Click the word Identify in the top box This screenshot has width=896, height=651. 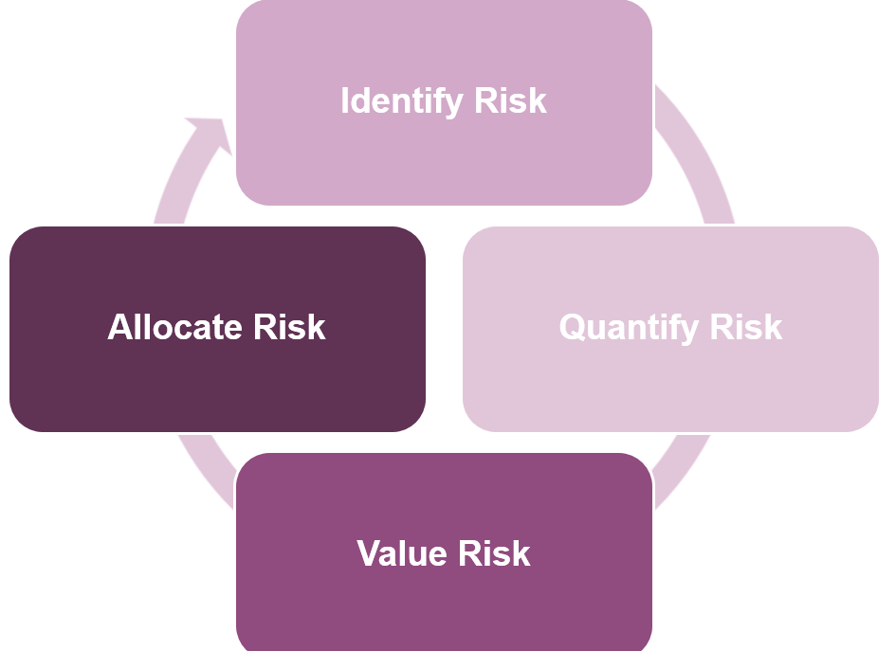click(x=402, y=101)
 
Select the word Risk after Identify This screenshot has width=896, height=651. click(x=510, y=100)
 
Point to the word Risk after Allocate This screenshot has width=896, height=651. click(x=289, y=327)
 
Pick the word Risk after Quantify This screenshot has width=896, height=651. click(x=745, y=327)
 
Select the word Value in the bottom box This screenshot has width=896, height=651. click(x=402, y=553)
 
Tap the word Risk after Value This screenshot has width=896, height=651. click(x=494, y=553)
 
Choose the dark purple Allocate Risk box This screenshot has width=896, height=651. click(x=218, y=329)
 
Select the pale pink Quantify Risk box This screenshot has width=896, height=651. click(x=671, y=329)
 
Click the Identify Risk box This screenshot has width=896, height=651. click(x=444, y=102)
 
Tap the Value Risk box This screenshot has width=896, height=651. click(x=444, y=552)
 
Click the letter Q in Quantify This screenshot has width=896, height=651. click(x=572, y=328)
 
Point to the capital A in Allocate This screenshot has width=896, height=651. click(x=121, y=327)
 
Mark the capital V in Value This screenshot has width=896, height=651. click(x=370, y=553)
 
